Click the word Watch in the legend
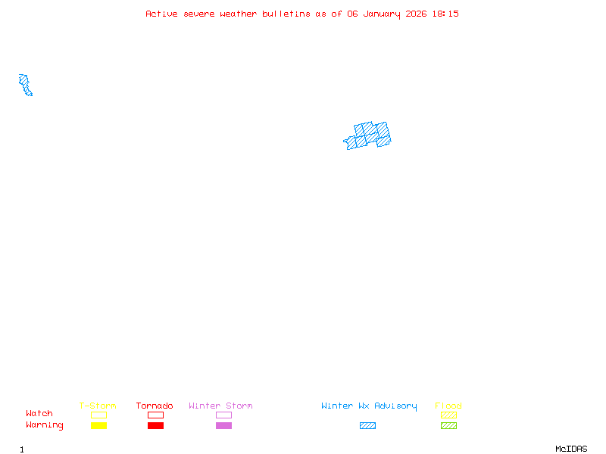tap(39, 414)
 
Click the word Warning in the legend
tap(45, 425)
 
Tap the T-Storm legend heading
tap(98, 406)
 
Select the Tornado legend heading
tap(155, 406)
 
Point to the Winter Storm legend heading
tap(220, 406)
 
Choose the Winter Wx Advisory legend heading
tap(369, 406)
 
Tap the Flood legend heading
tap(448, 406)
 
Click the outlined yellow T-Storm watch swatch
tap(98, 415)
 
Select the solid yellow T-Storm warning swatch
tap(98, 425)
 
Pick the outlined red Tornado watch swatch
tap(155, 415)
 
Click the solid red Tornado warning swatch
tap(155, 425)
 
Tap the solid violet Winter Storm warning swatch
tap(223, 425)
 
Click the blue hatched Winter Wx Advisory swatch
tap(367, 425)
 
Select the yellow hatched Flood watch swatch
tap(448, 415)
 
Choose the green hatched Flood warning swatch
tap(448, 425)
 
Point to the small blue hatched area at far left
tap(26, 85)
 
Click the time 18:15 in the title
tap(446, 14)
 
